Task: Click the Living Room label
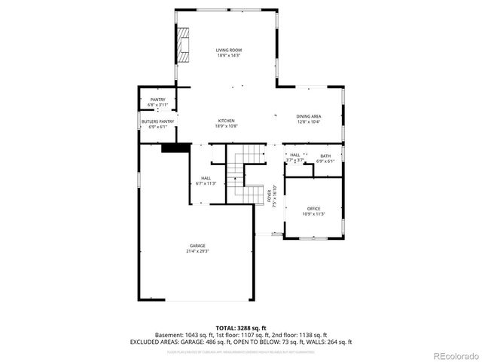pos(229,50)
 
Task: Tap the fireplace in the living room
pos(184,44)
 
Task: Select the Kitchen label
pos(226,121)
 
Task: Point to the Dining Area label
pos(309,115)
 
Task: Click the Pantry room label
pos(157,100)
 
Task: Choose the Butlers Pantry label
pos(157,121)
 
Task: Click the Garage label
pos(197,246)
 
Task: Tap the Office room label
pos(313,208)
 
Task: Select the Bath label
pos(325,155)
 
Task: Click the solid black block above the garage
pos(176,147)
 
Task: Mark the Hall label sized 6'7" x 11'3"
pos(206,179)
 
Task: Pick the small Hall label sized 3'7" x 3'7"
pos(294,155)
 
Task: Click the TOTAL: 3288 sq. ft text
pos(240,327)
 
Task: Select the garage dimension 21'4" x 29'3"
pos(197,250)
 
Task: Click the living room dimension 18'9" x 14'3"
pos(229,55)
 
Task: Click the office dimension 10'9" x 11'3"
pos(313,213)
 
